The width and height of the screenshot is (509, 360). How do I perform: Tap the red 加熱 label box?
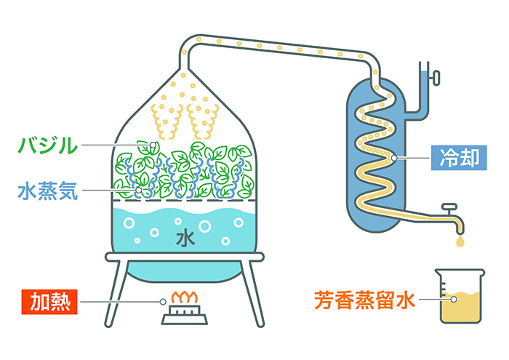[x=49, y=299]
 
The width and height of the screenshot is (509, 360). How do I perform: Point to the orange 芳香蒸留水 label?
[x=364, y=299]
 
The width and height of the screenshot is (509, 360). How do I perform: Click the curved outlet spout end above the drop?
[x=460, y=222]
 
